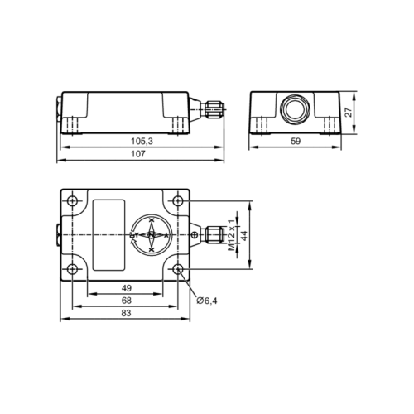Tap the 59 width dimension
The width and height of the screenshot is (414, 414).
point(296,142)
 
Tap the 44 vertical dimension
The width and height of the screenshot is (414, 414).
point(244,235)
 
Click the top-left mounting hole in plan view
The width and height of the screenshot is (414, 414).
point(73,201)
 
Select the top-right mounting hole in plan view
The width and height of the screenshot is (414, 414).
point(178,201)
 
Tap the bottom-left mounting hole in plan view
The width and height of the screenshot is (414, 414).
point(73,269)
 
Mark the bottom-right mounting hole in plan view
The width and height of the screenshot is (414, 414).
point(178,269)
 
